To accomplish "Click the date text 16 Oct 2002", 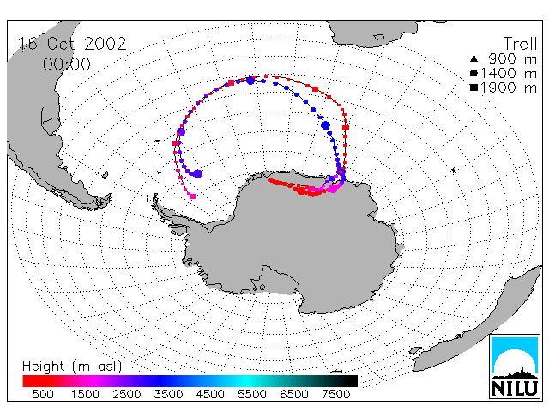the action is (72, 44).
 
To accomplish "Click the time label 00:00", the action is (67, 64).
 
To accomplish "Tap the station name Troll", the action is (520, 44).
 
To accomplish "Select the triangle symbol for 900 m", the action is (474, 58).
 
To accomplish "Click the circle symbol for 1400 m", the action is (474, 73).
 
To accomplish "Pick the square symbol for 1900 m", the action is (474, 88).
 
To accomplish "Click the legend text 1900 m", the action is (509, 88).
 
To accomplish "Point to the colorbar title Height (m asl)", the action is (72, 367).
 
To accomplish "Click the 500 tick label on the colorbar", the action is (43, 395).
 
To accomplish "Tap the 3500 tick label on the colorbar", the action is (168, 395).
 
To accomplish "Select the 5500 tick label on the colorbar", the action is (252, 395).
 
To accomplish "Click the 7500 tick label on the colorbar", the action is (335, 395).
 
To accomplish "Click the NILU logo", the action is (515, 367).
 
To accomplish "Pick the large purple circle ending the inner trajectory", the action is (198, 173).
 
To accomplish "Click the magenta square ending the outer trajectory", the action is (192, 197).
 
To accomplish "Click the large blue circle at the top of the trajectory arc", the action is (250, 82).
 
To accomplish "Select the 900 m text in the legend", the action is (513, 58).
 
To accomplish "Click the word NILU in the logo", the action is (515, 388).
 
